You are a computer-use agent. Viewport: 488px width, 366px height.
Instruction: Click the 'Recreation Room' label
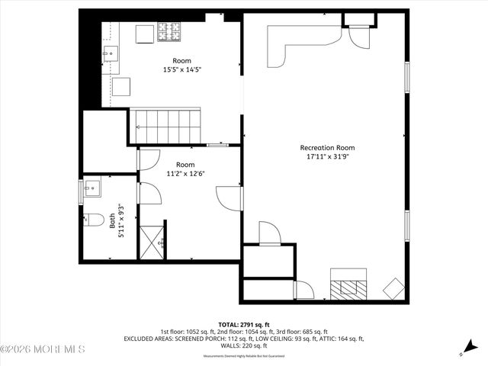coord(327,148)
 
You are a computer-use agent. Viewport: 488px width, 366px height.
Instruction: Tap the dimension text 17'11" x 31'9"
coord(327,159)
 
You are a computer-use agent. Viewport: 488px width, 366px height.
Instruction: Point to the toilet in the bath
coord(95,220)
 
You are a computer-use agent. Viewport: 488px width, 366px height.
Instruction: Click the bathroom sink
coord(93,188)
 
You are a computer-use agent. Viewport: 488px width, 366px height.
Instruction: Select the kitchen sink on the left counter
coord(111,53)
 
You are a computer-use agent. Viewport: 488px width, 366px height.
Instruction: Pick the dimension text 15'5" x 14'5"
coord(181,70)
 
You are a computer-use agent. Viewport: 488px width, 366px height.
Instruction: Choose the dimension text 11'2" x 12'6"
coord(185,173)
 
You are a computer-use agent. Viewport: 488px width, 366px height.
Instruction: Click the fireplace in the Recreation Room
coord(349,286)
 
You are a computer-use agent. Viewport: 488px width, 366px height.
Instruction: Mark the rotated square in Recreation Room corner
coord(395,289)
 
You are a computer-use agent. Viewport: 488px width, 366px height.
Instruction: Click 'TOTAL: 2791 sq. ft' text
coord(244,324)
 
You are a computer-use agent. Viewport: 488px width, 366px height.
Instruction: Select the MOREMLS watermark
coord(43,350)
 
